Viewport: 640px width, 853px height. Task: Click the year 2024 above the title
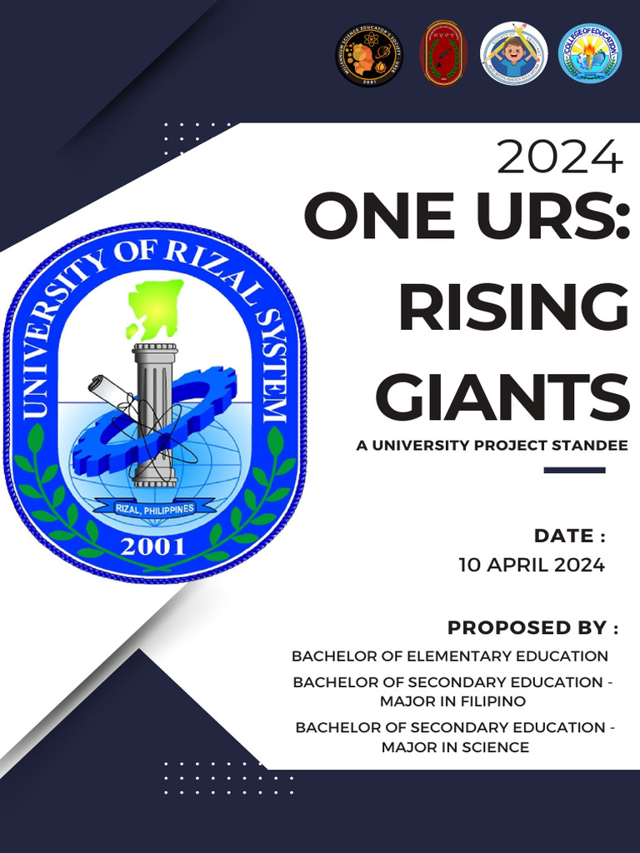pos(559,157)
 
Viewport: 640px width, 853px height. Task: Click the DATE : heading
pos(569,536)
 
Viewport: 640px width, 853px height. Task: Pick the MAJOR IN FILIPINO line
pos(452,701)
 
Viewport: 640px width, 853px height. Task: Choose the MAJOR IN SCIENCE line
pos(455,747)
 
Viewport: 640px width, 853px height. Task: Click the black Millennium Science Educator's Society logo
pos(369,54)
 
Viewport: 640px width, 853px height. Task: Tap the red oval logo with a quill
pos(443,54)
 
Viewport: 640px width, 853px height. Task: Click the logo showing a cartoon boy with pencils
pos(514,54)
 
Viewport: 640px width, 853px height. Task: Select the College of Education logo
pos(589,54)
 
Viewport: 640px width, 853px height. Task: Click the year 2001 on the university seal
pos(154,546)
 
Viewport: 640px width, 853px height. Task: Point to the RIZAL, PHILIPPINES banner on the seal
pos(154,508)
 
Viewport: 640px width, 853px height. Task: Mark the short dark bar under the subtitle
pos(574,471)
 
